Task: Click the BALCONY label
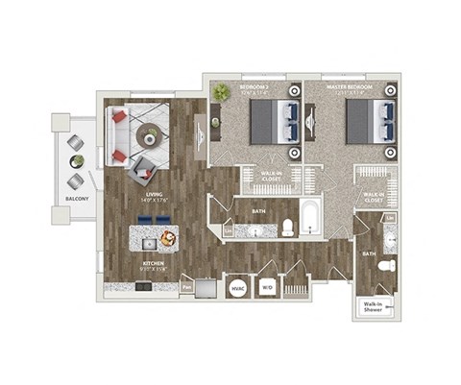coord(77,199)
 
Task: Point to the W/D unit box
coord(268,287)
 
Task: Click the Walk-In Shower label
coord(373,307)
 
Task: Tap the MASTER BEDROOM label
coord(349,88)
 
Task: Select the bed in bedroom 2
coord(273,122)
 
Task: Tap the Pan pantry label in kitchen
coord(186,285)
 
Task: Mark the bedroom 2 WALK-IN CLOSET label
coord(272,176)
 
